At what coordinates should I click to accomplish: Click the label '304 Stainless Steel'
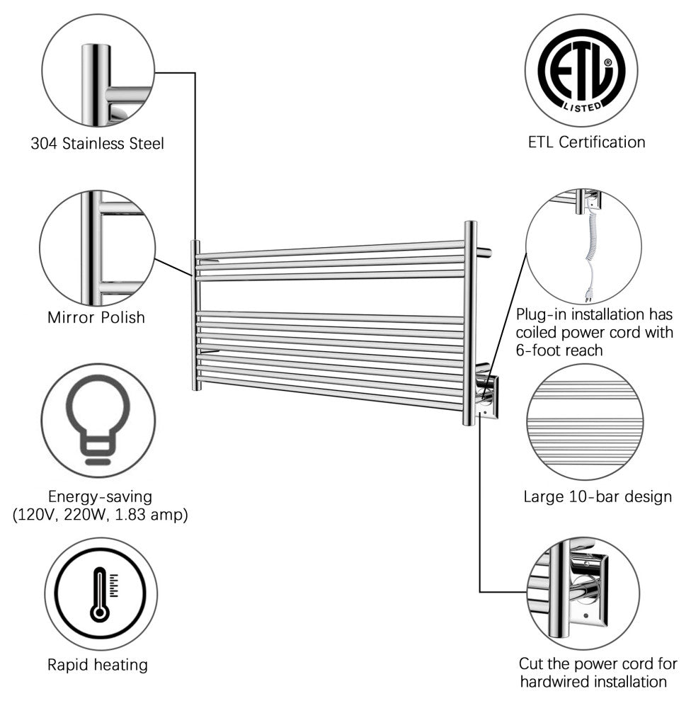(x=98, y=144)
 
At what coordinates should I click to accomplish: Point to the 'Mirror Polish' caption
(x=96, y=317)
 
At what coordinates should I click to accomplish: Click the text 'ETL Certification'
(x=587, y=142)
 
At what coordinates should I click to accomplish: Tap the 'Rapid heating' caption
(x=98, y=665)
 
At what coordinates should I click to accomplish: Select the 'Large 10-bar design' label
(x=598, y=496)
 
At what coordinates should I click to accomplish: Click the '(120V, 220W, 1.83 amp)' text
(x=101, y=515)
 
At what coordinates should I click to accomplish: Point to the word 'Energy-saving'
(x=100, y=496)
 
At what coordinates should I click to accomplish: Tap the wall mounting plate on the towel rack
(x=489, y=397)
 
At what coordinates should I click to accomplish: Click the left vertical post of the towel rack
(x=195, y=315)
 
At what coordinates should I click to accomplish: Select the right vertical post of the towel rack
(x=469, y=322)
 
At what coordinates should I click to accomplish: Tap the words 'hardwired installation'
(x=593, y=682)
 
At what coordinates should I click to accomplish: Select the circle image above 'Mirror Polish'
(x=98, y=248)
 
